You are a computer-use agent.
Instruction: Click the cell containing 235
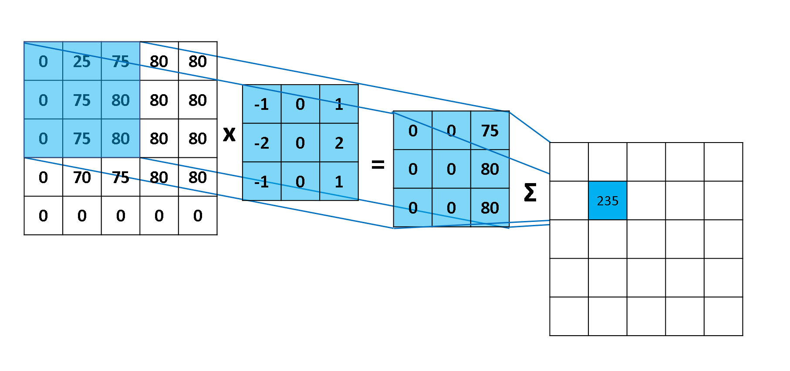[608, 201]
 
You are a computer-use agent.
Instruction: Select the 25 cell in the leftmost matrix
[82, 61]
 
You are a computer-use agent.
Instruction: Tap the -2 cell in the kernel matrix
[262, 143]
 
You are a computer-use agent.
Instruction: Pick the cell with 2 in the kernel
[339, 143]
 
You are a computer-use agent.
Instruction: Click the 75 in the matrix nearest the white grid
[490, 131]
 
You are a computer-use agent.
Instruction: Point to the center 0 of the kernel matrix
[300, 143]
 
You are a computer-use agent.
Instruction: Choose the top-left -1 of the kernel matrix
[262, 104]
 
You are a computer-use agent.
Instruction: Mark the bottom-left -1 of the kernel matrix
[262, 181]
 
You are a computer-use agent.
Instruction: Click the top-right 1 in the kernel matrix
[339, 104]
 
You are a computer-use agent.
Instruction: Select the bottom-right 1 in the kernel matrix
[339, 181]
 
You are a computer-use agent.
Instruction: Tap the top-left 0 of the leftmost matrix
[43, 61]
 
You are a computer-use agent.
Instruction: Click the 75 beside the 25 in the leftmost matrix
[121, 61]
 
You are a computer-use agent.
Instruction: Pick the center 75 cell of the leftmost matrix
[82, 100]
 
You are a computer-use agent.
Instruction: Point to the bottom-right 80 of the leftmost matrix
[121, 138]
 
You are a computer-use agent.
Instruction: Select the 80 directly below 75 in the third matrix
[490, 169]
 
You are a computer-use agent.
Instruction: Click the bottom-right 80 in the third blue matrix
[490, 208]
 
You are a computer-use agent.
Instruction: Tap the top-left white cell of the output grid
[569, 162]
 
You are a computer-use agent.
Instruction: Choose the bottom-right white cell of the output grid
[723, 316]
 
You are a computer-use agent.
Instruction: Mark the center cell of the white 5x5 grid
[646, 239]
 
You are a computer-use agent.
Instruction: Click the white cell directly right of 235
[646, 201]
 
